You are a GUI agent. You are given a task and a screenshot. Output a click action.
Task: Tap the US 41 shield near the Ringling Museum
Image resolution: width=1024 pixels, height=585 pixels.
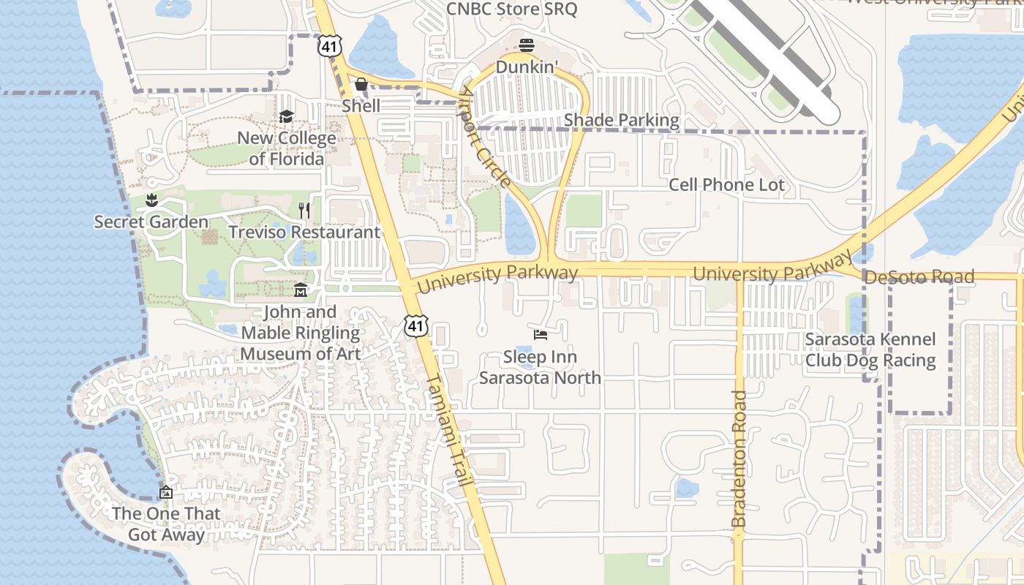click(x=416, y=325)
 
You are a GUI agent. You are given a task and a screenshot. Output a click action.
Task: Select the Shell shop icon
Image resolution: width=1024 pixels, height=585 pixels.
click(x=361, y=84)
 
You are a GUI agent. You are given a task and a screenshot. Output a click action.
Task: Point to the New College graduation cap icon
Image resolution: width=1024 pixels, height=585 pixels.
click(x=286, y=116)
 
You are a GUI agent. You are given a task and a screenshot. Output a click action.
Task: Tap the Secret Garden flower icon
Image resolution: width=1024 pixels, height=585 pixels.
click(x=151, y=200)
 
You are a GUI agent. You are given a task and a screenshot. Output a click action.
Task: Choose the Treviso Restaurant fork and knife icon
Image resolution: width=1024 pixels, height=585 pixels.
click(x=304, y=211)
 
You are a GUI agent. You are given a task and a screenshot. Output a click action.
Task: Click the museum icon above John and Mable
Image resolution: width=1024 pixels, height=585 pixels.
click(x=300, y=291)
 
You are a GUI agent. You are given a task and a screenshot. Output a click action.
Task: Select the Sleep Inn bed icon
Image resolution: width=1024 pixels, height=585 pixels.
click(x=541, y=335)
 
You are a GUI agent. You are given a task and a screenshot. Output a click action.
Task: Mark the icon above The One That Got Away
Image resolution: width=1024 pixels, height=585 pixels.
click(x=166, y=492)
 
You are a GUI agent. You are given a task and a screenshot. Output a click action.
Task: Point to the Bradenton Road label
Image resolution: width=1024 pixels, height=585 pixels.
click(x=739, y=458)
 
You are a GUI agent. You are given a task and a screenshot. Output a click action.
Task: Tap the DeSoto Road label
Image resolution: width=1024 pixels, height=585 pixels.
click(x=919, y=276)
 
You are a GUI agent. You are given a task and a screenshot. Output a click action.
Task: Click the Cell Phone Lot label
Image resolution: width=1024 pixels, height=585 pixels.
click(x=726, y=185)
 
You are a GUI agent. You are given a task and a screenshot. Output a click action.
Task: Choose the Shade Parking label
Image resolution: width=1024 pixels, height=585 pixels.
click(x=622, y=120)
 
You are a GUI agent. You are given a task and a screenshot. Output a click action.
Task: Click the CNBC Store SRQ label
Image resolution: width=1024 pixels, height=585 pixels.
click(x=511, y=10)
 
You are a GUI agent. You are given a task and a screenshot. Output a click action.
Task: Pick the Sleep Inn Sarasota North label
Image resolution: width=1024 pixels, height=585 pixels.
click(x=540, y=367)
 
